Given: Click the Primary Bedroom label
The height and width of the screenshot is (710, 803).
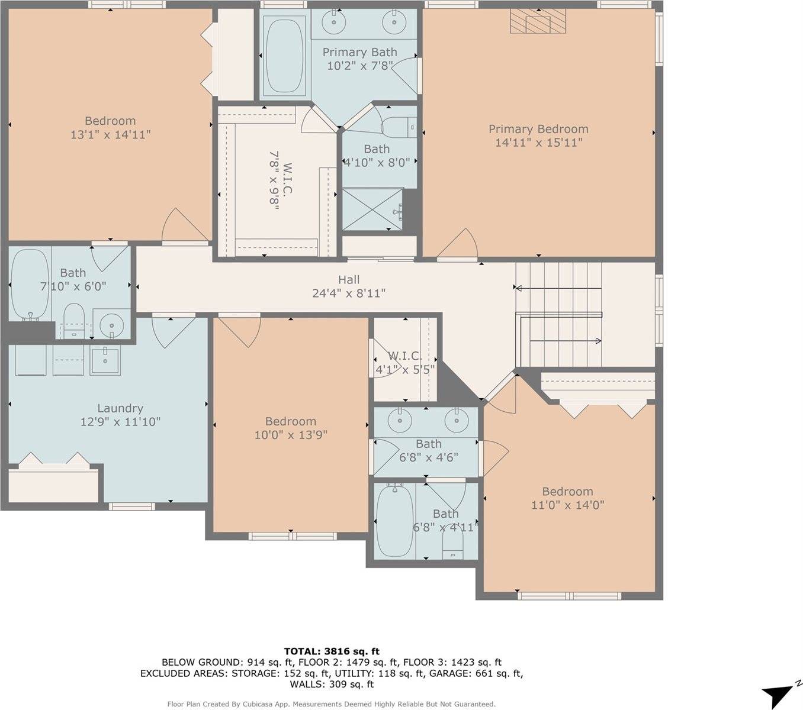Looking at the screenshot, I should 538,129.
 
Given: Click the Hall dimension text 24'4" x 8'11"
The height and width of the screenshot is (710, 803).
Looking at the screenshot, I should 349,293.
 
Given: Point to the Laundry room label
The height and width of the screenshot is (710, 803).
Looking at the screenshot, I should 120,408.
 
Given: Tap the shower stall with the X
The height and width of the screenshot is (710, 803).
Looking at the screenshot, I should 372,208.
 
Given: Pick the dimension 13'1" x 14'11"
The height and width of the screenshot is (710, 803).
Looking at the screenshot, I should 110,135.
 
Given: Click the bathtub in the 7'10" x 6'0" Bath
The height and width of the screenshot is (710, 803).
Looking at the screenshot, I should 30,284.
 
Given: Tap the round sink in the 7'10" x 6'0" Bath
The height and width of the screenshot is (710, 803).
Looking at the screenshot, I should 111,325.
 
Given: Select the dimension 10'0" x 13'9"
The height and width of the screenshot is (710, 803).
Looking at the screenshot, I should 290,435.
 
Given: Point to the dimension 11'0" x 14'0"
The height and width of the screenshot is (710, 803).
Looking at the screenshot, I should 567,505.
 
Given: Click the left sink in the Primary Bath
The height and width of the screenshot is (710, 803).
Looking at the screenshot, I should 335,22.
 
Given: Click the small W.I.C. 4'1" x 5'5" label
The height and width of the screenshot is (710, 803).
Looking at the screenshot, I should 405,363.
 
